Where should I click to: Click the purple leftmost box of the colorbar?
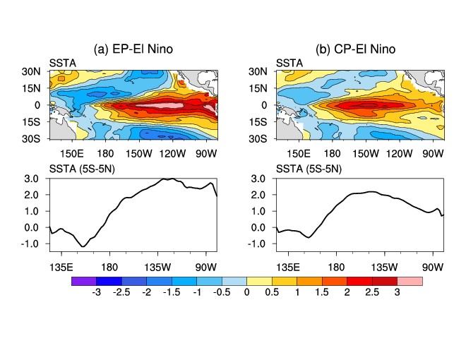click(x=83, y=281)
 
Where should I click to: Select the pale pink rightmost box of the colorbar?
click(x=411, y=281)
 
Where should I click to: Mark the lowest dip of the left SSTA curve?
click(x=83, y=246)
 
